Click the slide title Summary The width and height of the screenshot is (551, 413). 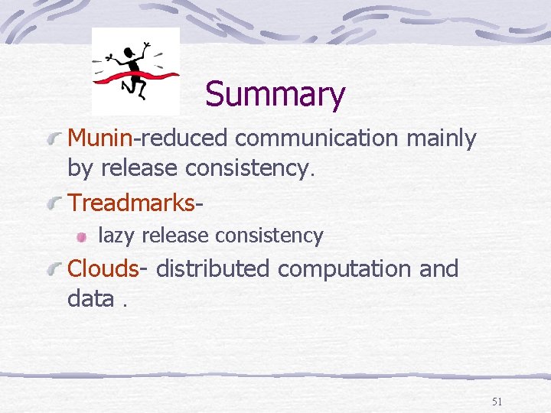click(x=275, y=95)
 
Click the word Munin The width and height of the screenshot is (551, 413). click(x=100, y=138)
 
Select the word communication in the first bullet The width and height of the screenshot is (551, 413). click(x=316, y=138)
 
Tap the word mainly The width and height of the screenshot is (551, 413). click(x=442, y=138)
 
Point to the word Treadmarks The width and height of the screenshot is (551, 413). click(x=132, y=203)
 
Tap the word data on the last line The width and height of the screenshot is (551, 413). click(x=90, y=298)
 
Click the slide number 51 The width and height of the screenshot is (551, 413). click(x=497, y=401)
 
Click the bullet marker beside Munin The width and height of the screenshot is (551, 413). click(x=54, y=139)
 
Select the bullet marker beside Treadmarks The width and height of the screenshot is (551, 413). click(x=54, y=204)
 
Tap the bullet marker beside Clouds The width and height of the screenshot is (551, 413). click(x=54, y=270)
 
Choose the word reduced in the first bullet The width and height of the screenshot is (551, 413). click(x=184, y=138)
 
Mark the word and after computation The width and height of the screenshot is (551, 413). click(x=439, y=268)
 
